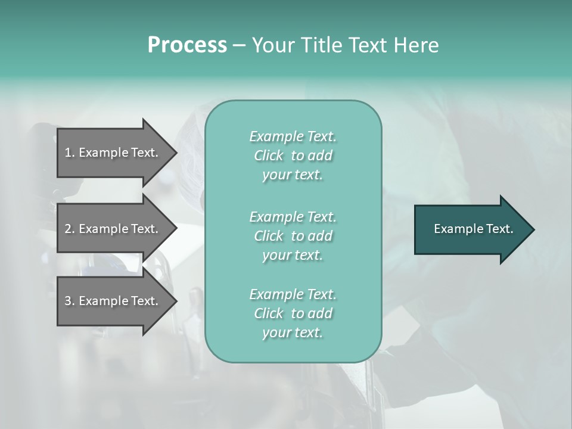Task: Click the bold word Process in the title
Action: pyautogui.click(x=187, y=45)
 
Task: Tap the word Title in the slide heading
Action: pyautogui.click(x=320, y=45)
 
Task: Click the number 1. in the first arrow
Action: pyautogui.click(x=69, y=153)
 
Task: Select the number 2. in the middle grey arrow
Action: pyautogui.click(x=69, y=229)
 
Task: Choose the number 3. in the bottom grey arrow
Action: pyautogui.click(x=69, y=301)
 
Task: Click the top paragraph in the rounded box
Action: pyautogui.click(x=293, y=156)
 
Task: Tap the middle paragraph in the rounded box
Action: pyautogui.click(x=293, y=236)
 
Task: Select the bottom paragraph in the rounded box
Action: pyautogui.click(x=293, y=313)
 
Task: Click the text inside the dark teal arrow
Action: pyautogui.click(x=473, y=229)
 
